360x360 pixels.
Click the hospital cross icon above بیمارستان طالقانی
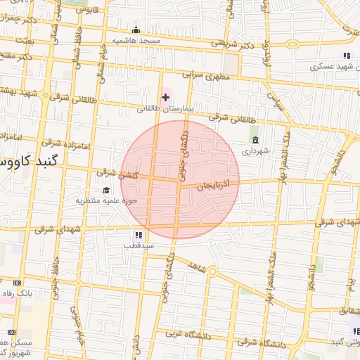pyautogui.click(x=166, y=96)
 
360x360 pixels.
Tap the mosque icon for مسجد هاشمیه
pyautogui.click(x=136, y=30)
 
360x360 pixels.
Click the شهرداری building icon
pyautogui.click(x=255, y=140)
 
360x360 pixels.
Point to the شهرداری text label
pyautogui.click(x=255, y=150)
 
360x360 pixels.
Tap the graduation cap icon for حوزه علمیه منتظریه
pyautogui.click(x=106, y=190)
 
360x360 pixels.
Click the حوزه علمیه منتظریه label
pyautogui.click(x=105, y=201)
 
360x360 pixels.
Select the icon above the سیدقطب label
pyautogui.click(x=138, y=235)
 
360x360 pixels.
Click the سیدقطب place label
pyautogui.click(x=139, y=246)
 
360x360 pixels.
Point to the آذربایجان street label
pyautogui.click(x=219, y=186)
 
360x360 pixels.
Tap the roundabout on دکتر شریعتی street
pyautogui.click(x=292, y=44)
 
